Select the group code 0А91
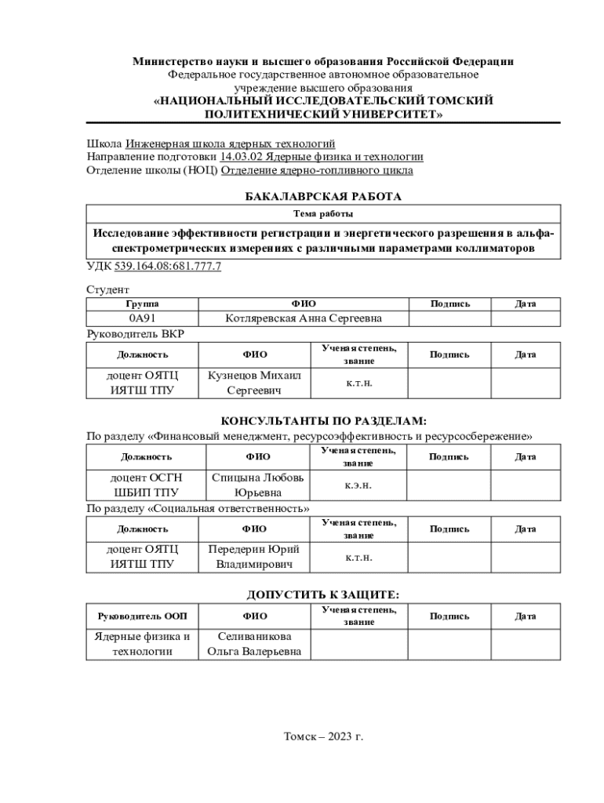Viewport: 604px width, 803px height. [141, 318]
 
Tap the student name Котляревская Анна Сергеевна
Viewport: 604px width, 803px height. [304, 318]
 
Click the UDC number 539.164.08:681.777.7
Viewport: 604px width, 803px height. [168, 267]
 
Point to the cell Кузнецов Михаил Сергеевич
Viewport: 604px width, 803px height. [254, 383]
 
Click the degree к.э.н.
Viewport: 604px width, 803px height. [358, 485]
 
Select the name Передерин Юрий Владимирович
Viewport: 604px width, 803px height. [254, 557]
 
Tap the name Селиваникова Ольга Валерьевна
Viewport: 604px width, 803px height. [254, 644]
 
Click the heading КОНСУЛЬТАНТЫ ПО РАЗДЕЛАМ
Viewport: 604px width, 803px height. [323, 422]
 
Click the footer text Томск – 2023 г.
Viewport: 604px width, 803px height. [323, 737]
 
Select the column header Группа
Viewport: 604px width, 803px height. [141, 303]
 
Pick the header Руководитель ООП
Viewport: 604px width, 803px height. [142, 616]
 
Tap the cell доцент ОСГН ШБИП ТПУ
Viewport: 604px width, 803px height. [146, 485]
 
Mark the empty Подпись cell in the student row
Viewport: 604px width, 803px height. [449, 318]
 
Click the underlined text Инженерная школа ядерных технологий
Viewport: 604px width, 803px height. [230, 144]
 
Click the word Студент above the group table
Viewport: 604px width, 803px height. [107, 290]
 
